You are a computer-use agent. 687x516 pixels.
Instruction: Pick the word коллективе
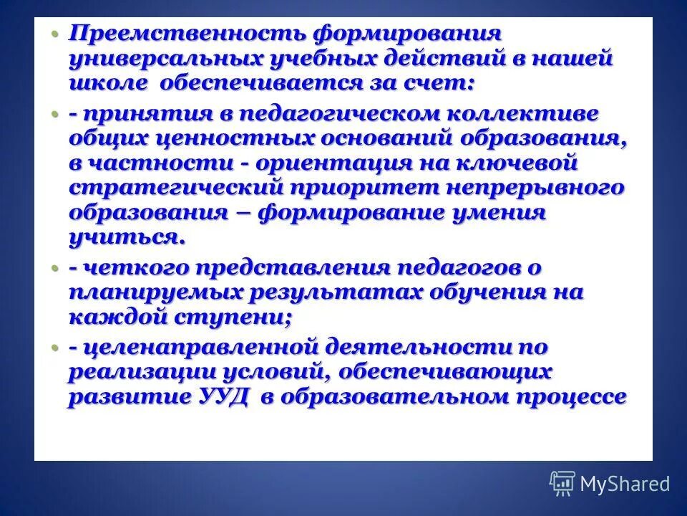pos(523,115)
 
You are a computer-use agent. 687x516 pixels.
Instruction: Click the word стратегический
pos(177,188)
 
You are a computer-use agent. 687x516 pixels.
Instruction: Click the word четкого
pos(134,269)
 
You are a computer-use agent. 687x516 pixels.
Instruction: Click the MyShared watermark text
pos(625,484)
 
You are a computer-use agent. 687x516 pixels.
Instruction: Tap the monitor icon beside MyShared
pos(562,484)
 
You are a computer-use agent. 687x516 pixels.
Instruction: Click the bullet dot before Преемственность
pos(56,34)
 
